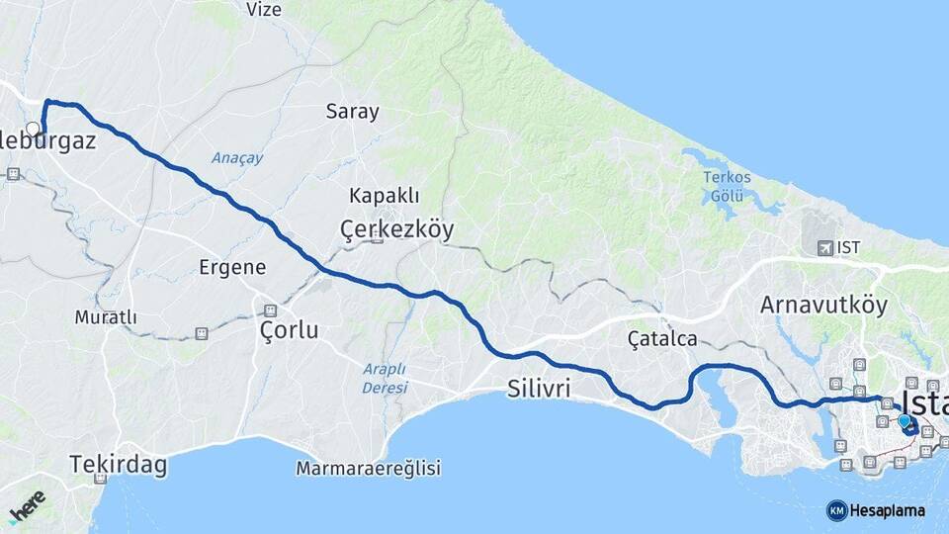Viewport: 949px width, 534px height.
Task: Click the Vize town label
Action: (x=265, y=10)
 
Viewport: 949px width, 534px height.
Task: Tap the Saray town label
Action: (x=353, y=112)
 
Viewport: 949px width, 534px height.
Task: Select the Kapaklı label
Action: (x=381, y=195)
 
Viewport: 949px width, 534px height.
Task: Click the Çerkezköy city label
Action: (x=396, y=230)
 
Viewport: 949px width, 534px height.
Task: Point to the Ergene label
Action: (x=232, y=267)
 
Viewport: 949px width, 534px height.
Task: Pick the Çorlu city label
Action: (x=289, y=329)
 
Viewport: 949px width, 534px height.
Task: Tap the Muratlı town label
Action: (x=106, y=317)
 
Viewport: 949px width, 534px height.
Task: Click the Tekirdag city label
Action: (x=119, y=463)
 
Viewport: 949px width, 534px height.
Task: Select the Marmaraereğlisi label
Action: (x=368, y=469)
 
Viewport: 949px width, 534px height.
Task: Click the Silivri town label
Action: (x=539, y=388)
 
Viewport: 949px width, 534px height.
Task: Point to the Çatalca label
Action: (x=662, y=339)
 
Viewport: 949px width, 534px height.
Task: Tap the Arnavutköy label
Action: (x=823, y=306)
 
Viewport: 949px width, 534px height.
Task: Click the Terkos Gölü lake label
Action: (x=727, y=186)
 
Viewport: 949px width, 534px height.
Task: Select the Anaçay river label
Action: (x=237, y=157)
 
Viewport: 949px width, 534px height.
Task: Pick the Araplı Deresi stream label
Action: (x=385, y=378)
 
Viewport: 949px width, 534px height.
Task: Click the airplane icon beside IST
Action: (x=824, y=247)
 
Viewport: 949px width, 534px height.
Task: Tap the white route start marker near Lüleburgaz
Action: (x=34, y=129)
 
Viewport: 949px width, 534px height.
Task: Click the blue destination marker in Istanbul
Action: (x=904, y=421)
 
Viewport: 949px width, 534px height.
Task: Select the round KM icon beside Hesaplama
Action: (x=837, y=510)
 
